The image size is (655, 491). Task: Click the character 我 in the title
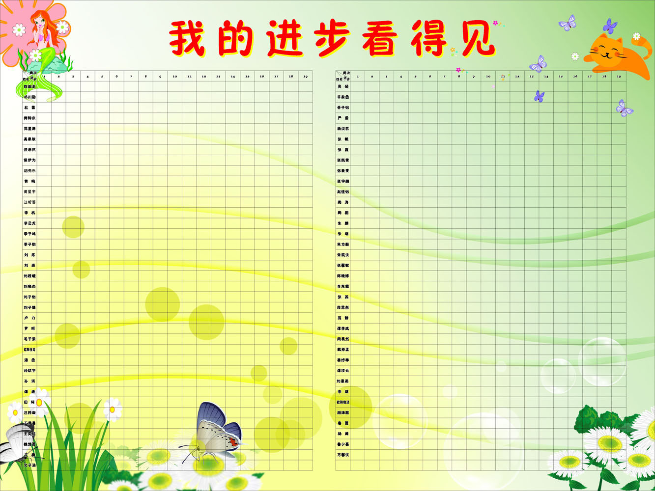coord(187,38)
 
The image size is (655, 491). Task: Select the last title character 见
coord(476,38)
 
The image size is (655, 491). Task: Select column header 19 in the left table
coord(305,76)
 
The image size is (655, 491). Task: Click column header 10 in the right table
coord(488,76)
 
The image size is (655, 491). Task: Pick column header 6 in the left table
coord(116,76)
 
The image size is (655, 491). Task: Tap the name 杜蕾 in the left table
coord(29,108)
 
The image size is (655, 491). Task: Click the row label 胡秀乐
coord(29,171)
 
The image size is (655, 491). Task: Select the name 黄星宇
coord(29,192)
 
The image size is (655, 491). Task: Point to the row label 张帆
coord(343,139)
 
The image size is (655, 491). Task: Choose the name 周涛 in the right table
coord(343,202)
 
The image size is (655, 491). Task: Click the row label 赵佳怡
coord(343,192)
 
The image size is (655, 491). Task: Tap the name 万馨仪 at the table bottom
coord(343,455)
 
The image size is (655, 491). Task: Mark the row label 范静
coord(343,318)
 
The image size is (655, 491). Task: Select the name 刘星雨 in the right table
coord(343,381)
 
